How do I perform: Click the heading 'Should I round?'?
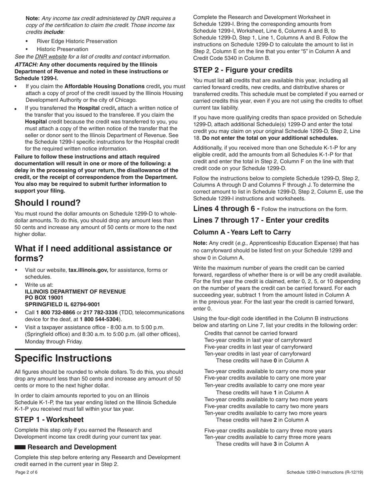click(x=47, y=203)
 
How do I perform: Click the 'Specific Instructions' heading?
click(x=63, y=358)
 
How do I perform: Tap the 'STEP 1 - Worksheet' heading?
click(x=49, y=419)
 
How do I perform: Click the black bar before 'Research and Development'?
click(x=20, y=447)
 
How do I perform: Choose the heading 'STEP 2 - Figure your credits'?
click(x=243, y=70)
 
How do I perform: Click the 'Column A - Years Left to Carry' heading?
click(x=242, y=232)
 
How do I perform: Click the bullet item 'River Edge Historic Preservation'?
click(x=77, y=41)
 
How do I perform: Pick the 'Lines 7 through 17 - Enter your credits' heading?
click(x=261, y=220)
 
